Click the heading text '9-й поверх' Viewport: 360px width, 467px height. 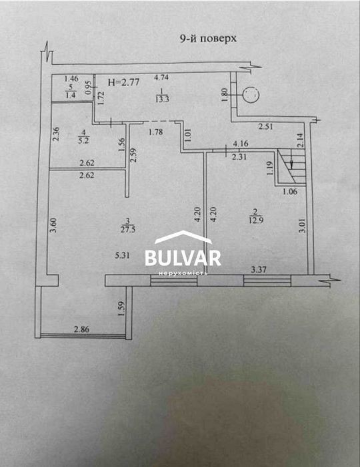click(208, 39)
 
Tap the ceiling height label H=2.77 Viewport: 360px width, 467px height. click(123, 82)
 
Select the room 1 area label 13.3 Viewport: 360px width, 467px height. click(162, 99)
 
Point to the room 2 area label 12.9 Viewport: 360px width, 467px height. click(255, 220)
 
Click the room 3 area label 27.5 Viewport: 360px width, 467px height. click(128, 230)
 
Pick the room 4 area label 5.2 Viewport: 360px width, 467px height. click(83, 140)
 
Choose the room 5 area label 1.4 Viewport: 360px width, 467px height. click(71, 96)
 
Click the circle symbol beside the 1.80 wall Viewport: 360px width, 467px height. click(251, 95)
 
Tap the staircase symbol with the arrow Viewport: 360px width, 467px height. click(291, 166)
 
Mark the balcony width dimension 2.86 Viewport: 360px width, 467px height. click(81, 329)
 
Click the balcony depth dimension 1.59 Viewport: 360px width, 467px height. click(121, 309)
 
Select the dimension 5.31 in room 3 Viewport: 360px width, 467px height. click(122, 255)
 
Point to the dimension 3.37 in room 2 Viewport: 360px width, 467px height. click(259, 270)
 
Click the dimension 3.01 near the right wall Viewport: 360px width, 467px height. click(302, 226)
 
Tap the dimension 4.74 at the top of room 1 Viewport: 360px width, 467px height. click(161, 77)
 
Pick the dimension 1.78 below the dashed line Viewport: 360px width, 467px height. click(155, 132)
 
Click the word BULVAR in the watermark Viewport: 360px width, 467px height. click(183, 258)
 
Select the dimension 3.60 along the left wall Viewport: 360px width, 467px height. click(53, 226)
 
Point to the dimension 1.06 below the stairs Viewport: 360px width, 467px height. click(290, 192)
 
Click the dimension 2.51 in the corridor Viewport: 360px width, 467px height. click(266, 127)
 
